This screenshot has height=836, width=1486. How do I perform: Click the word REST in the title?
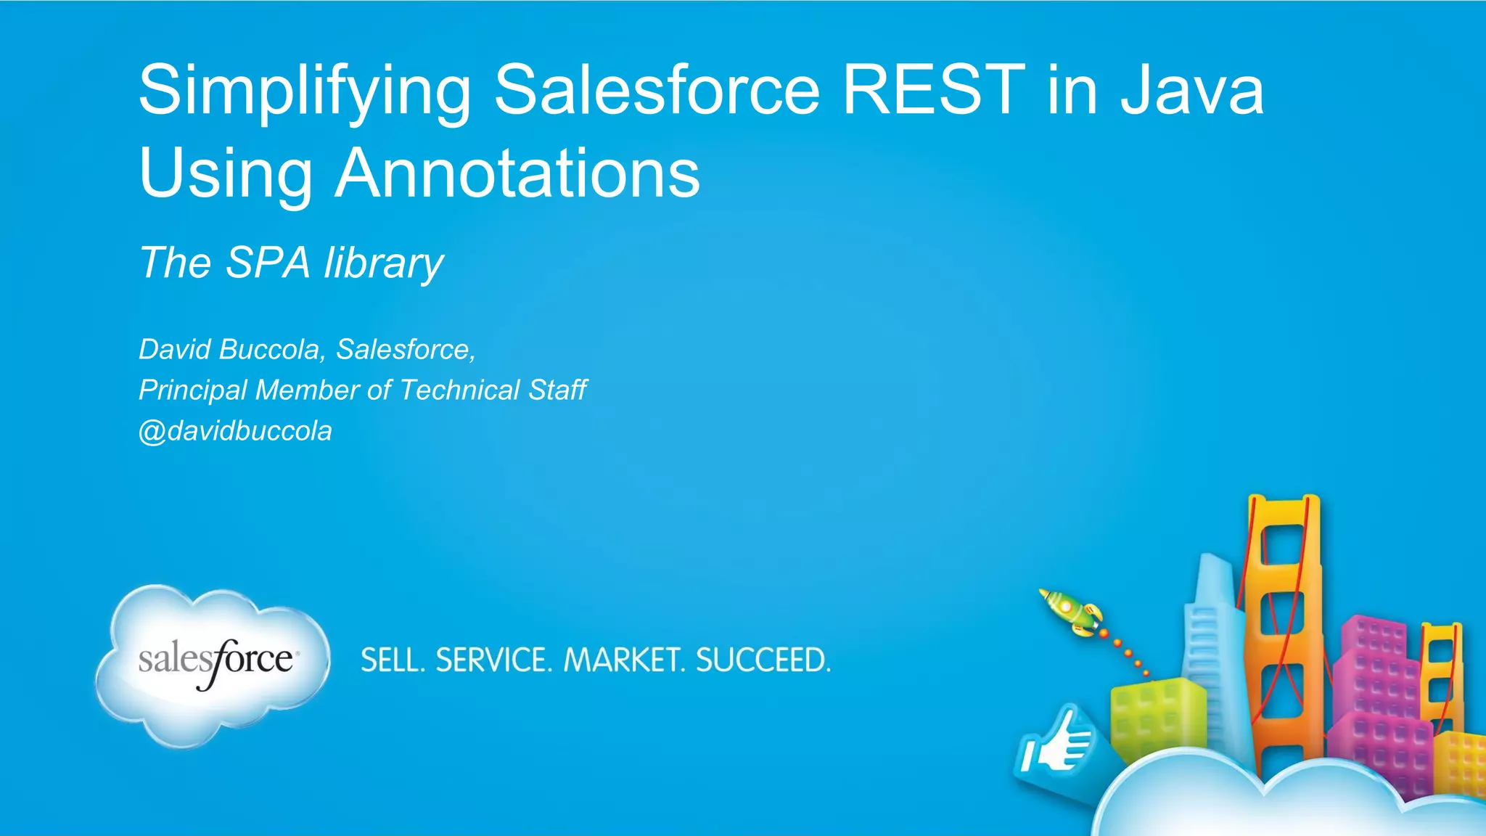click(x=933, y=90)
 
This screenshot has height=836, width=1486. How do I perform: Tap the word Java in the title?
click(x=1191, y=90)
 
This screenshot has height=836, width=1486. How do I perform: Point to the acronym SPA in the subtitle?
click(x=268, y=262)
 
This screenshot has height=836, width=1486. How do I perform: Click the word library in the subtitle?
click(x=384, y=263)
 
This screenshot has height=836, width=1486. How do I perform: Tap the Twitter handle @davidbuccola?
click(x=235, y=431)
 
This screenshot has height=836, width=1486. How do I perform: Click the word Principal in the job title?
click(x=192, y=390)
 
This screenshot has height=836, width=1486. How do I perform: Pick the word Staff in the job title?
click(x=557, y=390)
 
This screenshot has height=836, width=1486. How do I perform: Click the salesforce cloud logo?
click(x=213, y=663)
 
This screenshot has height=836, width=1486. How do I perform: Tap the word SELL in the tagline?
click(x=392, y=660)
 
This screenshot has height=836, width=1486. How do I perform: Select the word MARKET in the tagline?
click(x=624, y=660)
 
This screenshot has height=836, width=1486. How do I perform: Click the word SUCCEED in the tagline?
click(x=763, y=660)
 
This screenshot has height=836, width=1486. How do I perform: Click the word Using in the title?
click(x=225, y=174)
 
